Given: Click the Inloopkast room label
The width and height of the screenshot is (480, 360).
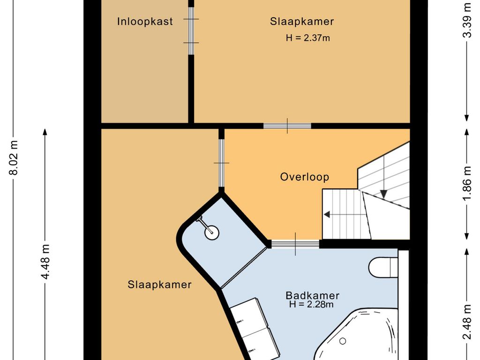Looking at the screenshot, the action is [145, 22].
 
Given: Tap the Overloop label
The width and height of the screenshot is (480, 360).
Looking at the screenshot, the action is [305, 177].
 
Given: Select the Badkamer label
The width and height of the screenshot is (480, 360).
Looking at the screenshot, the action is [313, 295].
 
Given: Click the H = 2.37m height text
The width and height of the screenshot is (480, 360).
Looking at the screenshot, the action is [308, 38].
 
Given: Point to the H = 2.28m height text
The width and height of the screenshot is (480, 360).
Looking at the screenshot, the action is [311, 304].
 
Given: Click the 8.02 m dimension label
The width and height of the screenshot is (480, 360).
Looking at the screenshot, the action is [14, 157].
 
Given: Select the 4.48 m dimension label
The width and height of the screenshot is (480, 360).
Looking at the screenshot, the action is [45, 262].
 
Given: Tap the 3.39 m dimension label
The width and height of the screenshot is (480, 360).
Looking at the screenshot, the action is [467, 20].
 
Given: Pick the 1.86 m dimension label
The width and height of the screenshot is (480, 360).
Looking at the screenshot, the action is [467, 184].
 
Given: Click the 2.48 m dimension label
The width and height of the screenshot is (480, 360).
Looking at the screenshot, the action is [467, 322].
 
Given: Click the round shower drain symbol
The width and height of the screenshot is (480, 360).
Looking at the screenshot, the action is [212, 232].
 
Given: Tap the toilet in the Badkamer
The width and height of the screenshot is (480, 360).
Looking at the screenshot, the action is [383, 268].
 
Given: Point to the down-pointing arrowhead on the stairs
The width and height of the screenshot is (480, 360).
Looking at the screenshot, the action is [384, 194].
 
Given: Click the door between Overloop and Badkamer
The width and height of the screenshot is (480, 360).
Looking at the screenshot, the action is [295, 244].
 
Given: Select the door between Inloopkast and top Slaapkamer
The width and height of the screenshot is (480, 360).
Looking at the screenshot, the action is [191, 30].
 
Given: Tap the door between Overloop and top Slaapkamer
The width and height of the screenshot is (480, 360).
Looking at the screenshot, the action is [287, 126].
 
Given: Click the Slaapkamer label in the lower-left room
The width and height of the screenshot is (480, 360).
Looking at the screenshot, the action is [159, 285].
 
